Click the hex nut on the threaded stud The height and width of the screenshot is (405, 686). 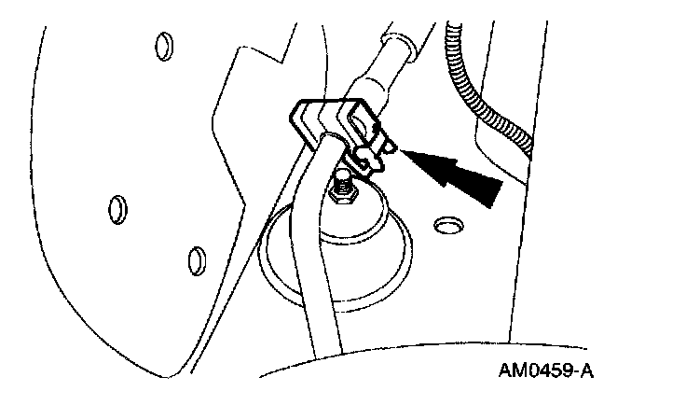click(x=341, y=197)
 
